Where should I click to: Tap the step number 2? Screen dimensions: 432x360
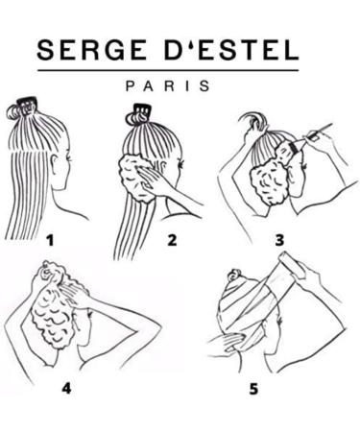171,239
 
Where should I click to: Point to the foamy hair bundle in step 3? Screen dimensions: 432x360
271,178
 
